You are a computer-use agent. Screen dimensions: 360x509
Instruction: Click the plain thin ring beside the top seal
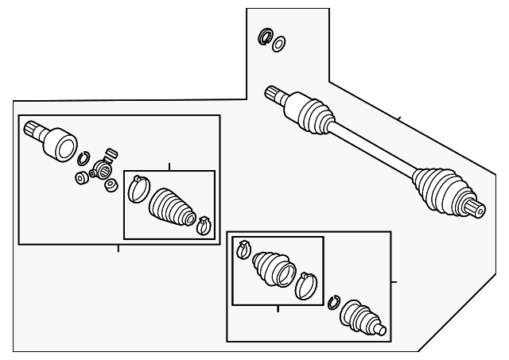279,43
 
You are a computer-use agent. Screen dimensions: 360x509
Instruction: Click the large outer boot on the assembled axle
437,188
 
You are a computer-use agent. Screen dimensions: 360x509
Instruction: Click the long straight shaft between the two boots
374,147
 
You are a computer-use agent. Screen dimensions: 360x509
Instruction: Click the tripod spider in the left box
102,168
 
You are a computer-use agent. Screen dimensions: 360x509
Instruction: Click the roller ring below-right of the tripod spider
111,185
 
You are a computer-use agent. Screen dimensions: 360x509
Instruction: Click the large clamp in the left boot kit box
138,187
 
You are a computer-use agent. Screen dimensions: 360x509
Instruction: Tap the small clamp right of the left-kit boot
203,225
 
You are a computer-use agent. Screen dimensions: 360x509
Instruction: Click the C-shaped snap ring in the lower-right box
334,301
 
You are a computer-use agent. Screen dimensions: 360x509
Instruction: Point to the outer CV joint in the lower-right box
362,317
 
